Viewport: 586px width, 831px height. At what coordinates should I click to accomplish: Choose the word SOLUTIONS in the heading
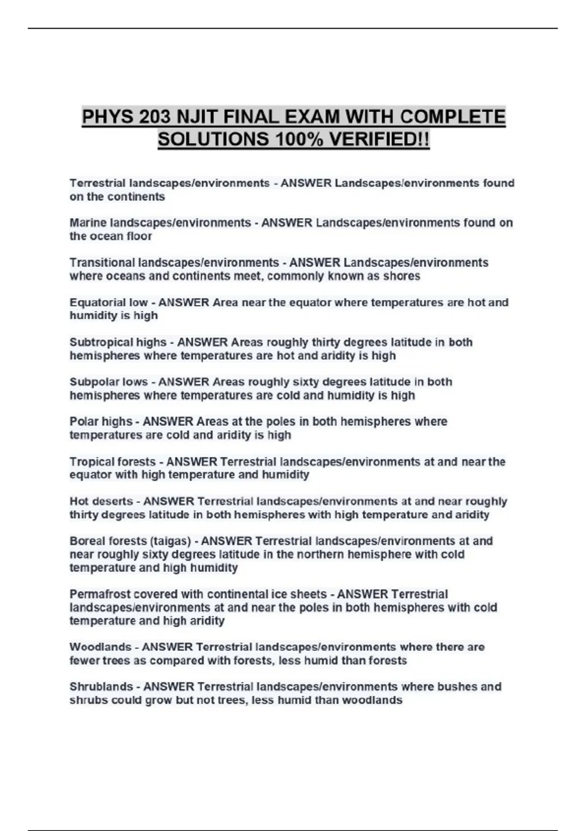pyautogui.click(x=213, y=140)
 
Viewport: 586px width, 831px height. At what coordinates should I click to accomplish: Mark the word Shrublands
pyautogui.click(x=101, y=687)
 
